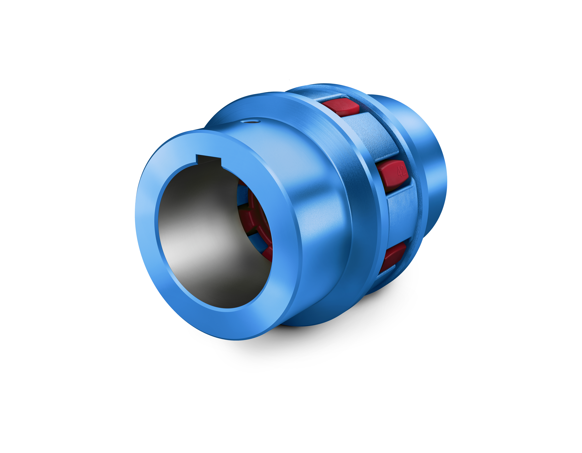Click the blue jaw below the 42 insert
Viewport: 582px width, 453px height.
[x=400, y=213]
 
